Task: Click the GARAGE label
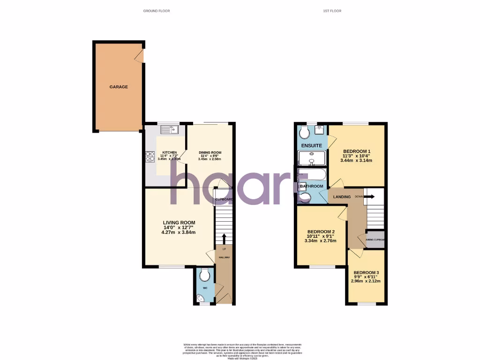coord(119,87)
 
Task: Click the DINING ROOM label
coord(210,153)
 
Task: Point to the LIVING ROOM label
coord(179,223)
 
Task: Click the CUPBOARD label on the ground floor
coord(224,200)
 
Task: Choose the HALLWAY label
coord(224,257)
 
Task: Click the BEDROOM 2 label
coord(321,232)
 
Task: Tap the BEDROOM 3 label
coord(366,273)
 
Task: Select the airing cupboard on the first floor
coord(375,240)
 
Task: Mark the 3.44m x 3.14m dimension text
coord(356,160)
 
